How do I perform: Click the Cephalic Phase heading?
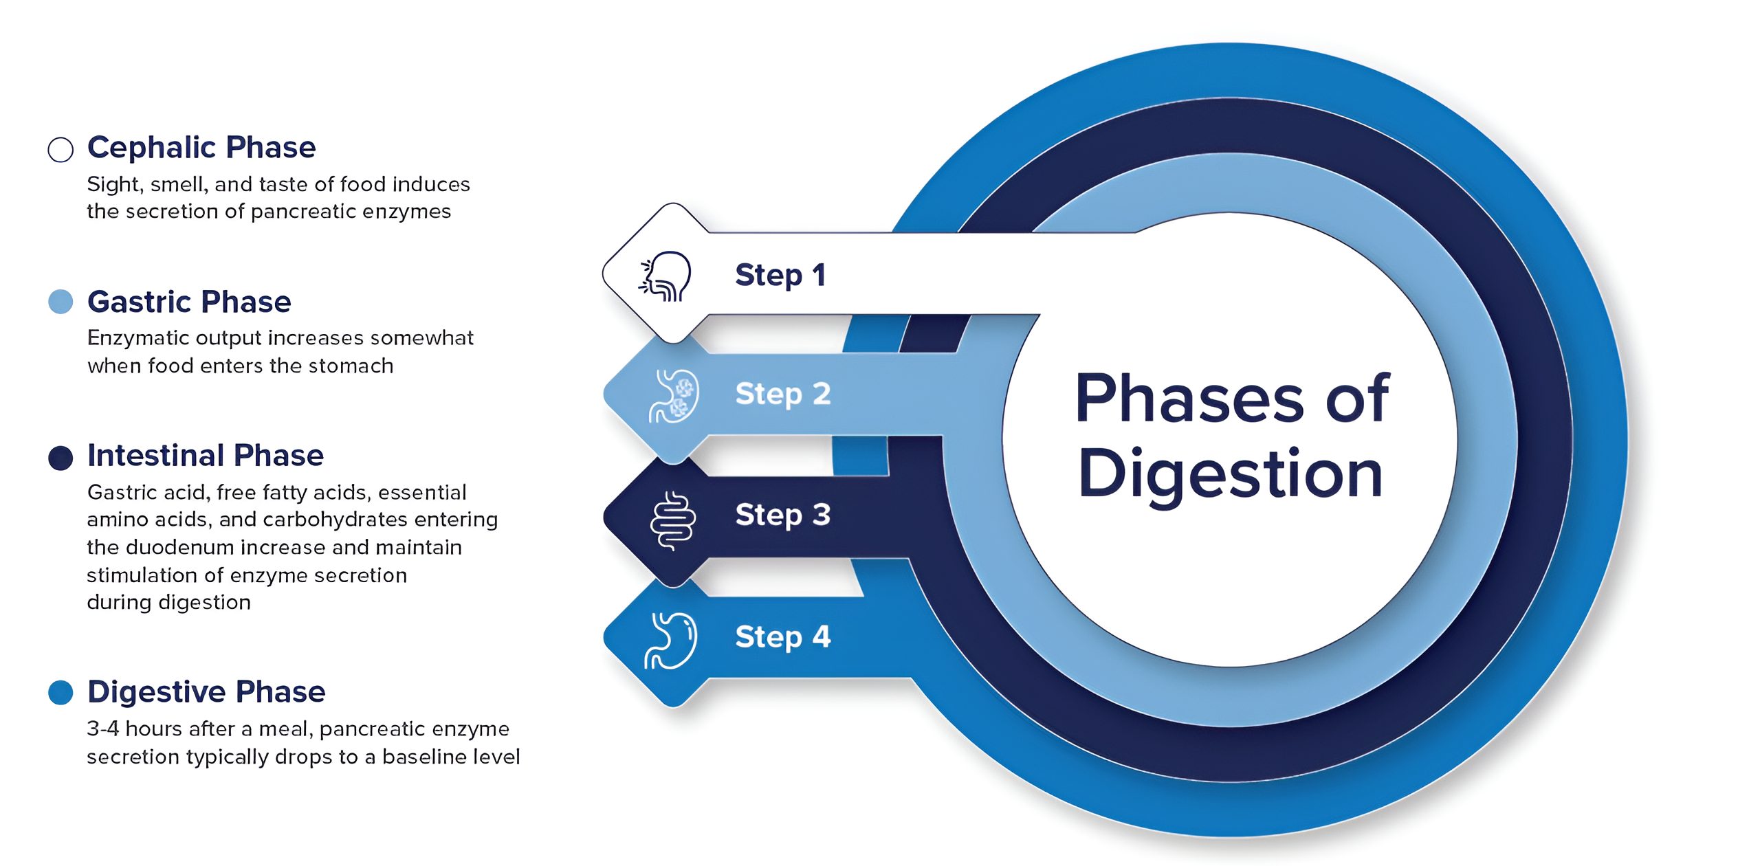click(x=201, y=148)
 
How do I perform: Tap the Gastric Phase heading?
click(x=189, y=302)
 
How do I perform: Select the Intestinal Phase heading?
click(x=205, y=456)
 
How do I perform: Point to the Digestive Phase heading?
click(x=206, y=691)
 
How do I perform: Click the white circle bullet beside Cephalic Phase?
click(x=60, y=149)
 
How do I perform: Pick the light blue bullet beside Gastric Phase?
click(x=60, y=302)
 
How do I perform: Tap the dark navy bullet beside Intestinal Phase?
click(x=60, y=458)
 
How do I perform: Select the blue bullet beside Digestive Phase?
click(x=60, y=693)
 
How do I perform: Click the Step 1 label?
click(x=780, y=275)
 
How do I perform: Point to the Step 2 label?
click(x=782, y=394)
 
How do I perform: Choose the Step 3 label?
click(x=782, y=515)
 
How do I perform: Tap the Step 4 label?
click(x=782, y=636)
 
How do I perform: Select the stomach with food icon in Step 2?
click(x=674, y=396)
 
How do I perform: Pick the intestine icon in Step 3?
click(x=672, y=520)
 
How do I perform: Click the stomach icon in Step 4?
click(x=671, y=641)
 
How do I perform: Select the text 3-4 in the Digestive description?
click(x=102, y=729)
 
